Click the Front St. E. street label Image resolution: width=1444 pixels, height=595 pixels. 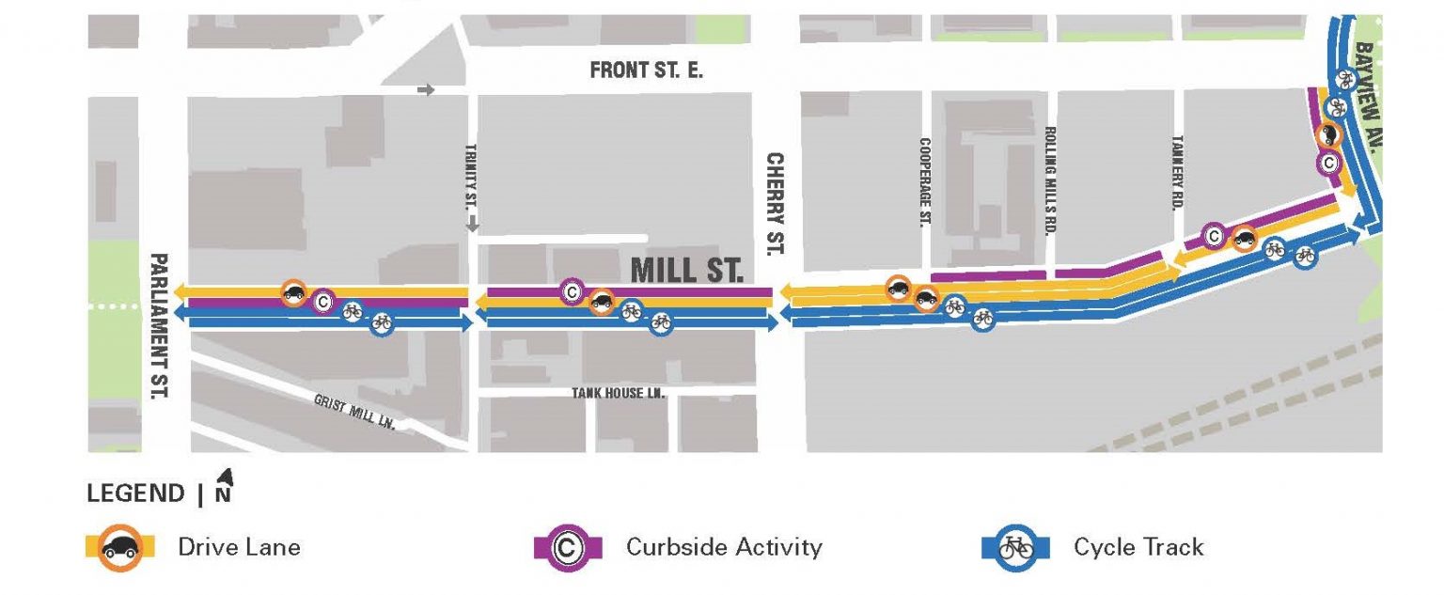pos(646,70)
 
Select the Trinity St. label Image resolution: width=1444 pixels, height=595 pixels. pos(473,176)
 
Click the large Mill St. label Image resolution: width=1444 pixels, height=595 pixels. pos(686,271)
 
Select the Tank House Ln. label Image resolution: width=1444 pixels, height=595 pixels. pos(619,393)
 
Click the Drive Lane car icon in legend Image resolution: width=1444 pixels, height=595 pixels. pos(119,547)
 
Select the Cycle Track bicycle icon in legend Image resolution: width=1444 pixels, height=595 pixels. pos(1015,547)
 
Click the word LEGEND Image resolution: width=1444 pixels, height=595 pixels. pos(135,493)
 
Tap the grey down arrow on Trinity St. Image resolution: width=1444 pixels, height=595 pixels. pos(473,224)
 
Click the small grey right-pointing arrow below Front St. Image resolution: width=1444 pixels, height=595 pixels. pos(426,90)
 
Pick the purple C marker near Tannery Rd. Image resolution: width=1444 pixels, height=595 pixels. pos(1214,235)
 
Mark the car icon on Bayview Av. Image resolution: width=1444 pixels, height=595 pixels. pos(1330,135)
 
